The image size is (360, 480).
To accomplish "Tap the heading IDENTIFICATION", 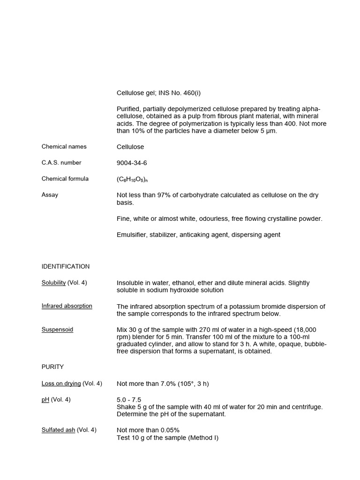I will (66, 266).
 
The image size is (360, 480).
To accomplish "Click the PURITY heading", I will (52, 367).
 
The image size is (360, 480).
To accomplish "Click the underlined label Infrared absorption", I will (67, 306).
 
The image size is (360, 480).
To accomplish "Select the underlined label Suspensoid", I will (57, 330).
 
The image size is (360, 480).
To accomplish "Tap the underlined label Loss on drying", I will (61, 383).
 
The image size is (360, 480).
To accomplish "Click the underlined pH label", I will (45, 399).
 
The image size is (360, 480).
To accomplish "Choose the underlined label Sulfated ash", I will (59, 429).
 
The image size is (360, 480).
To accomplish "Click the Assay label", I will (50, 195).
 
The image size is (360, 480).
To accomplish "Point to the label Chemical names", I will (64, 146).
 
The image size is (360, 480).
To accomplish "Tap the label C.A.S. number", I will (61, 163).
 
